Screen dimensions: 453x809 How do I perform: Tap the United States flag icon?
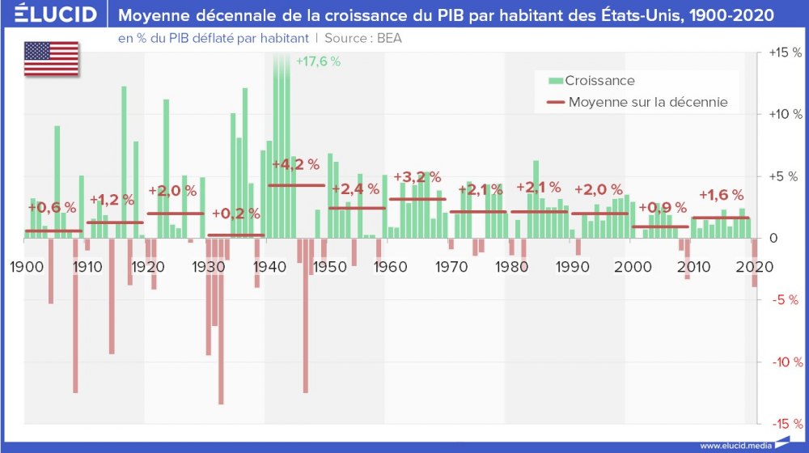click(x=51, y=58)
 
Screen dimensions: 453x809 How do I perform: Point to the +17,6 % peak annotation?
click(x=318, y=61)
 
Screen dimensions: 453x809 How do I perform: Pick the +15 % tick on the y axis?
click(x=784, y=53)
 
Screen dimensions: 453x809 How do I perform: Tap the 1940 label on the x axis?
click(x=266, y=267)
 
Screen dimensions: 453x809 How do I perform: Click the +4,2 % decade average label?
click(x=295, y=164)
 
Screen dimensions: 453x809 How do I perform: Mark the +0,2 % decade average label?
click(x=235, y=214)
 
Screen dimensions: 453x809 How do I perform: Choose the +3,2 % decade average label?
click(x=417, y=177)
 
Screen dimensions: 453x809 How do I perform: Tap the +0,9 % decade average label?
click(x=660, y=207)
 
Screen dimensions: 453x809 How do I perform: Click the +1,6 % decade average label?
click(x=721, y=195)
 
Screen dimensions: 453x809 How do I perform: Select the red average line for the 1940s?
click(x=296, y=185)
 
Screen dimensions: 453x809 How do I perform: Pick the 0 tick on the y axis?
click(x=773, y=239)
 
